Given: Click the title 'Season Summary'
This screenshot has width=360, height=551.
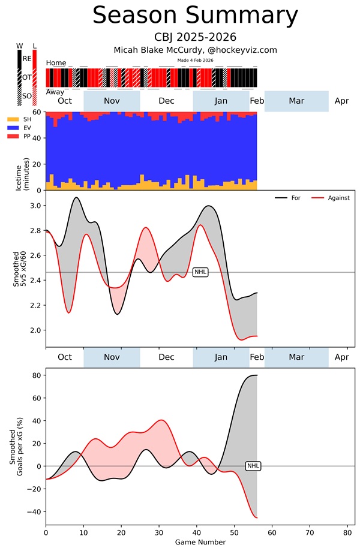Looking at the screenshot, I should point(195,16).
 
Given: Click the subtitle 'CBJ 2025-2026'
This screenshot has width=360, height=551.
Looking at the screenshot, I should point(195,38).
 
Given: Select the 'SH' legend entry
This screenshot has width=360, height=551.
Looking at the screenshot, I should point(27,120).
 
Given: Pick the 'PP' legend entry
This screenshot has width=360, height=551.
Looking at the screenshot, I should point(27,137).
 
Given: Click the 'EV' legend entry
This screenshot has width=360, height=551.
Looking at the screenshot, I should point(27,128).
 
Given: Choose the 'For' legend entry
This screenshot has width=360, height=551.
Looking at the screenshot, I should point(296,197).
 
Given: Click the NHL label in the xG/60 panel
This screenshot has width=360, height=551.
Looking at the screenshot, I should point(200,272).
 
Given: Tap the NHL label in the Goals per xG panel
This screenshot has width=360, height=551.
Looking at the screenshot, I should point(254,465).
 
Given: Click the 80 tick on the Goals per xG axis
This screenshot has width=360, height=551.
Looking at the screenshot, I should point(35,375).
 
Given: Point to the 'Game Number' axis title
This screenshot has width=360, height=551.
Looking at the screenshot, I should point(200,542).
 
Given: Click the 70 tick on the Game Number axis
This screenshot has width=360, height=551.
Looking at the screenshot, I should point(310,531).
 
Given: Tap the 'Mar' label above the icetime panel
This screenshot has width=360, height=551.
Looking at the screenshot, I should point(296,101).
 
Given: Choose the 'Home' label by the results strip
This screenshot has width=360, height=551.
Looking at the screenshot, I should point(56,62).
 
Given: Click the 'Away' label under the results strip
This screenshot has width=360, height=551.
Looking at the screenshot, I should point(56,92).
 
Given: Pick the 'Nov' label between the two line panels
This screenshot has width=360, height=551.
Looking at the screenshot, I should point(112,357).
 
